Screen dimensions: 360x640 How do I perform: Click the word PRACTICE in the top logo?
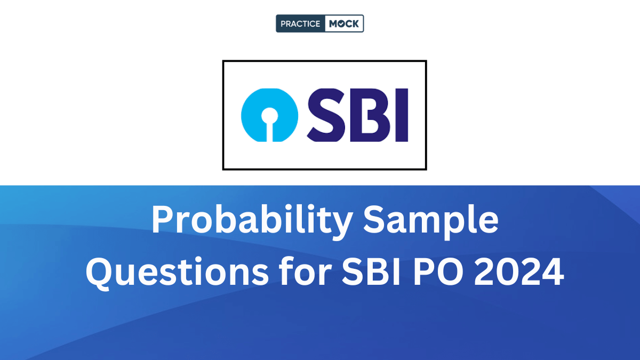pos(300,23)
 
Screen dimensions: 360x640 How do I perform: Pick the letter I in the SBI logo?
pos(401,115)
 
